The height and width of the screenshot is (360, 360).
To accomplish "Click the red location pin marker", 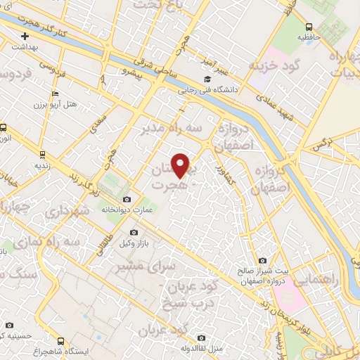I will [181, 165].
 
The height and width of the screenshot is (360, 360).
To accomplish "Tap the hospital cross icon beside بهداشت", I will [25, 35].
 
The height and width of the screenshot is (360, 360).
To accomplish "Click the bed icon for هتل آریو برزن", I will [56, 94].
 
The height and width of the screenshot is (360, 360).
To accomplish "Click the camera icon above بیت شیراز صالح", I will [262, 260].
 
